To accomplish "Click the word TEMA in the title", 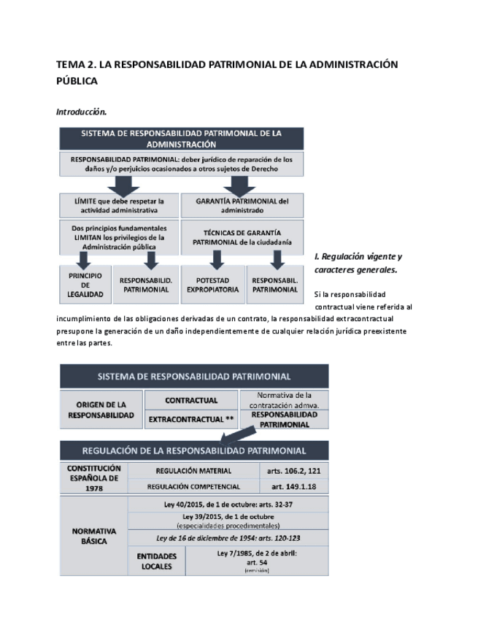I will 70,65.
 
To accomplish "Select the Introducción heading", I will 82,112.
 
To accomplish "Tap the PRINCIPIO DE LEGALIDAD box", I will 85,283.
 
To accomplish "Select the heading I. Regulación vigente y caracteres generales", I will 358,263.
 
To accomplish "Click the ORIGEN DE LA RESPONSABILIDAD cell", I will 101,410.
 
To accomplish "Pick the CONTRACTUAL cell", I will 191,401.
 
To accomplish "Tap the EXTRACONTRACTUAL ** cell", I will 191,420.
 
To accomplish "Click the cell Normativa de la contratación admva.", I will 284,400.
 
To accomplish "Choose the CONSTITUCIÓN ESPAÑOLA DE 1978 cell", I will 94,478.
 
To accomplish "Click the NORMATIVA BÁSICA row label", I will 94,537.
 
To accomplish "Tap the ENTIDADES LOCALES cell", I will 157,561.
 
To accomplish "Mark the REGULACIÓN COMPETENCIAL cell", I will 193,486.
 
